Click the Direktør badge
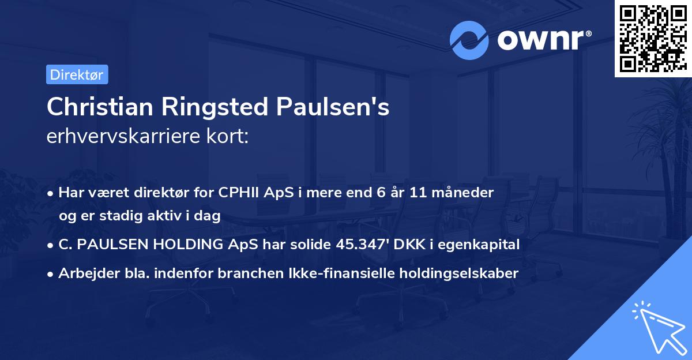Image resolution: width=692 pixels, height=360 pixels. pyautogui.click(x=77, y=74)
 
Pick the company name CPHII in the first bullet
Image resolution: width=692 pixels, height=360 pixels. pyautogui.click(x=239, y=193)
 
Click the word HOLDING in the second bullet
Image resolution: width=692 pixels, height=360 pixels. pyautogui.click(x=179, y=245)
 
